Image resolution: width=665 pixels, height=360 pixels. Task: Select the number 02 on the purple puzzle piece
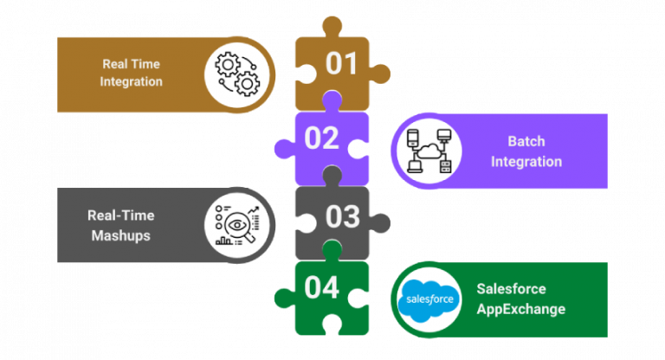click(x=321, y=138)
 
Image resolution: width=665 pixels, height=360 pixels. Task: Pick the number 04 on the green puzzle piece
click(x=321, y=288)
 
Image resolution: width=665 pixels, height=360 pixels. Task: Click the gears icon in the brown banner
click(x=236, y=73)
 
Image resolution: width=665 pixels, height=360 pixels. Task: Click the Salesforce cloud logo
click(x=426, y=299)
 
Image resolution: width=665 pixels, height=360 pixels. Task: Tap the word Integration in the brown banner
click(x=132, y=82)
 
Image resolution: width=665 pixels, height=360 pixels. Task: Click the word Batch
click(x=526, y=141)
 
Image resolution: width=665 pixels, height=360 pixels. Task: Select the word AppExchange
click(x=520, y=309)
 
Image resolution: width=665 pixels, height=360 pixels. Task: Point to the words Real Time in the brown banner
click(x=132, y=63)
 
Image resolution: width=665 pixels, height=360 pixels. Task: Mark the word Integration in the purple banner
click(x=526, y=161)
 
